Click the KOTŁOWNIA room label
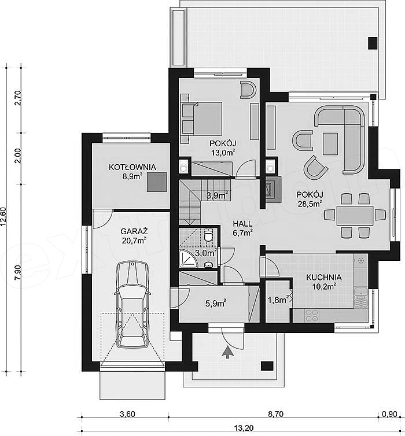click(x=132, y=167)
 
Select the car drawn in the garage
click(x=132, y=304)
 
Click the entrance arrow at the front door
click(x=228, y=352)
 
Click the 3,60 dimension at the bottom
click(x=127, y=414)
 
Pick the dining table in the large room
click(x=355, y=216)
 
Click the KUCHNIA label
click(x=324, y=277)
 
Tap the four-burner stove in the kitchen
click(x=311, y=315)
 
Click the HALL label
click(x=242, y=224)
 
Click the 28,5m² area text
click(x=310, y=204)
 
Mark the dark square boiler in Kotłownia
click(x=157, y=182)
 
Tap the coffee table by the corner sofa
click(x=330, y=143)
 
